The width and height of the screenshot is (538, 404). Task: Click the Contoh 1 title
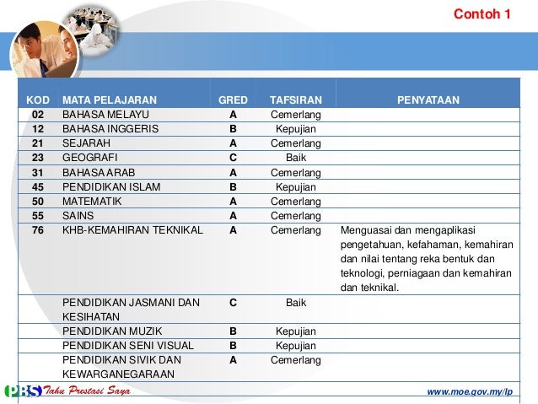(482, 14)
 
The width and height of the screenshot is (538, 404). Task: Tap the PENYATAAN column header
(428, 99)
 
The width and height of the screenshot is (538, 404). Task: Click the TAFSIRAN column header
(295, 99)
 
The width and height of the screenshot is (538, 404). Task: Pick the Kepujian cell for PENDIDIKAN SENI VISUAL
(295, 346)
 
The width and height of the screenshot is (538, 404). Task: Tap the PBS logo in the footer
(23, 392)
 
